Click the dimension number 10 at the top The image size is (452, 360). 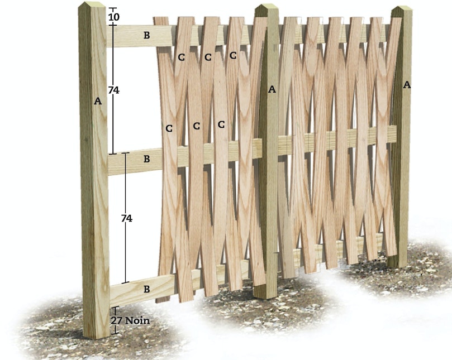(114, 17)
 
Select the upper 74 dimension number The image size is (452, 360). (114, 90)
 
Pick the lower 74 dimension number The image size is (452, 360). (126, 219)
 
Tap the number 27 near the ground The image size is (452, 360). (116, 320)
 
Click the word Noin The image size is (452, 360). (137, 320)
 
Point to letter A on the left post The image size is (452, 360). (98, 101)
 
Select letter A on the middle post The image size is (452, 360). (272, 89)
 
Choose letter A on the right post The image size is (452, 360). (407, 85)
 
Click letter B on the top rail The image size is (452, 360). (147, 35)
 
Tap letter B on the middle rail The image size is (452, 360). (147, 159)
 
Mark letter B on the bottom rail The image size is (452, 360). (147, 289)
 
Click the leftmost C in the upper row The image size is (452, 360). (182, 57)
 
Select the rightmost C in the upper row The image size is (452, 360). (233, 55)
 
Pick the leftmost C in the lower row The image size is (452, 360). (169, 128)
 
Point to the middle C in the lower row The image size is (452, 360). (196, 126)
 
